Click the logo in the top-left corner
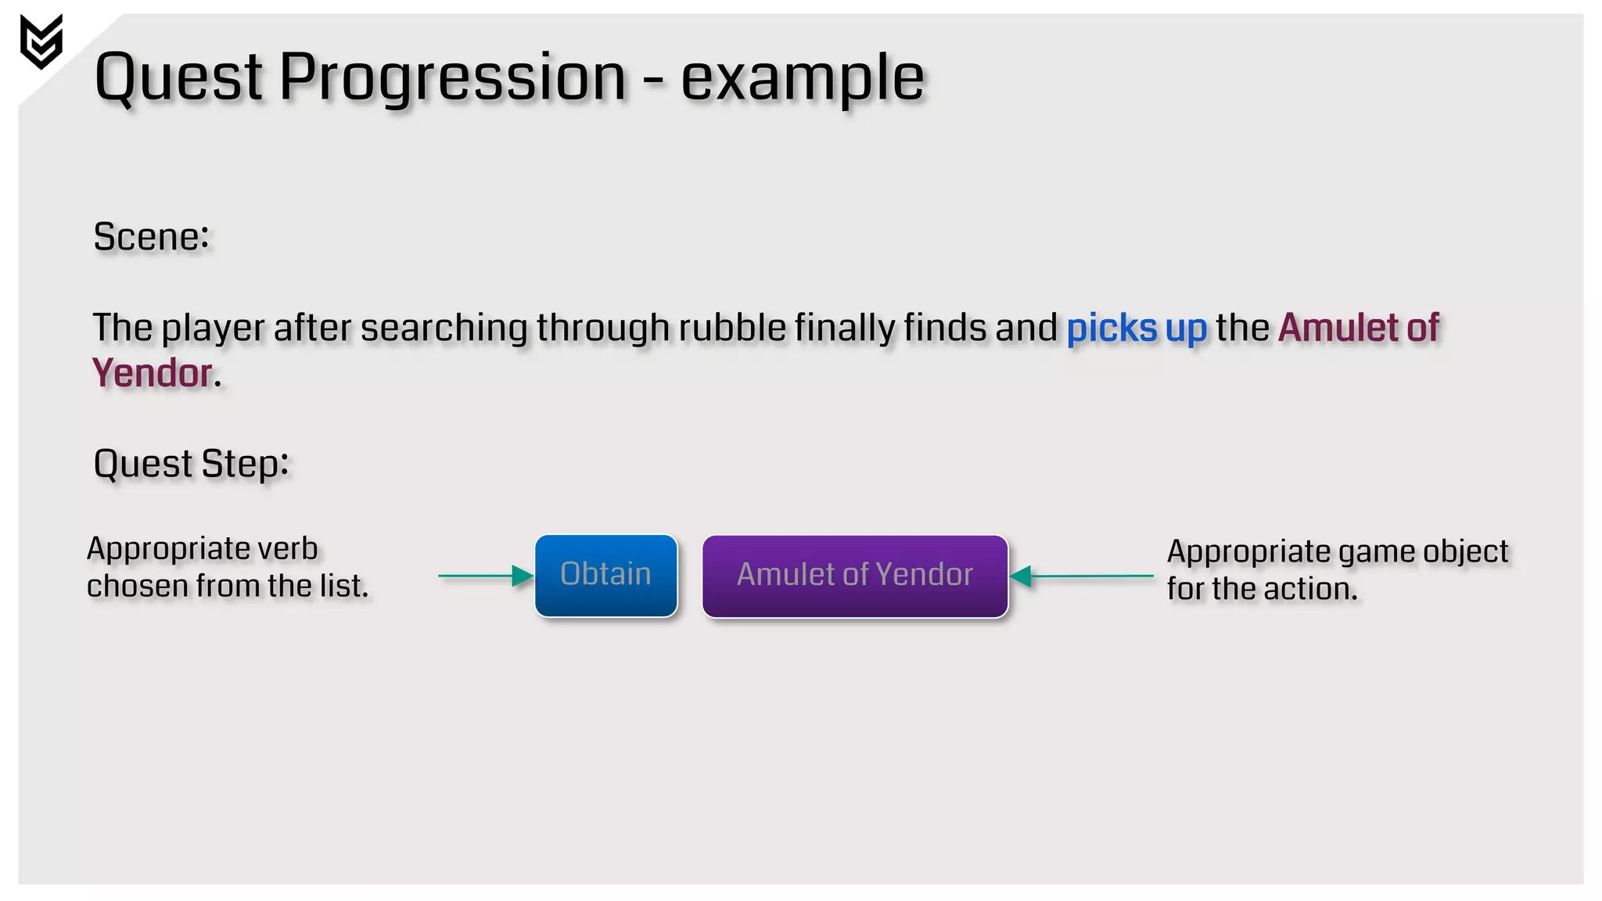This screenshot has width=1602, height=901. [41, 41]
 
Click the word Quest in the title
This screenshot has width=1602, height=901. [178, 78]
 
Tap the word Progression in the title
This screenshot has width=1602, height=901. [452, 78]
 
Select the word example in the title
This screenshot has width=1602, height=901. [803, 78]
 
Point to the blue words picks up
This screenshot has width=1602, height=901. [1137, 328]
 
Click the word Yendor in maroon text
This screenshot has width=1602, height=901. [153, 373]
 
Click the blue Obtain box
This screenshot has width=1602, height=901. [605, 576]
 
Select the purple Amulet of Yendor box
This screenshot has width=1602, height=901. [855, 576]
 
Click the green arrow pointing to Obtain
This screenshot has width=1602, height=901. [485, 576]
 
